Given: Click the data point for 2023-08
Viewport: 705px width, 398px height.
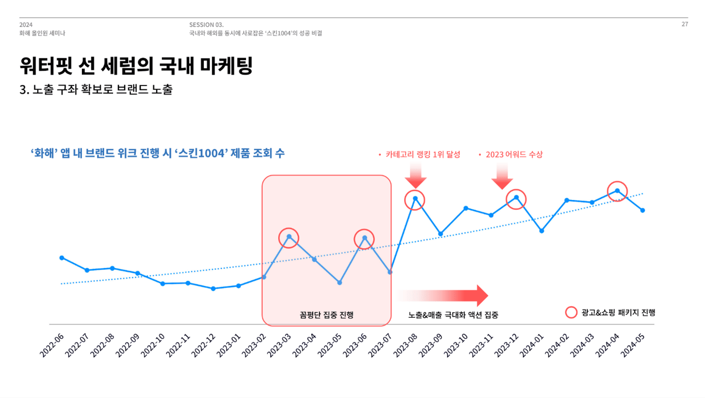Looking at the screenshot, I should (x=415, y=198).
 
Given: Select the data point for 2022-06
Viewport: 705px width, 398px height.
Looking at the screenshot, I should (x=62, y=258).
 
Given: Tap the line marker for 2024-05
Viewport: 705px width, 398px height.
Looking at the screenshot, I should (x=642, y=210).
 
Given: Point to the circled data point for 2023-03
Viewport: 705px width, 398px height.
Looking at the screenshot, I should (x=289, y=237).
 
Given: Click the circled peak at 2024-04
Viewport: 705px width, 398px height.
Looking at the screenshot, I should (x=617, y=190).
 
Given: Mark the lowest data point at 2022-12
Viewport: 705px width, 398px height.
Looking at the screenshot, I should (x=213, y=289).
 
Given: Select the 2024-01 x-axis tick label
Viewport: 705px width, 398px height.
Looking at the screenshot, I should (x=532, y=345).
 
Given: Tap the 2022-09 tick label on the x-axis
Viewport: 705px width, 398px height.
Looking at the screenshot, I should (x=128, y=345).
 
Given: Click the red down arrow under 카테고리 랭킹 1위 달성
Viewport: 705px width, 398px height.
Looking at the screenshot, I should (x=416, y=176).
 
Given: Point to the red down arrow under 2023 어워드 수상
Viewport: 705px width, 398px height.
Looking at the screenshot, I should (x=502, y=176).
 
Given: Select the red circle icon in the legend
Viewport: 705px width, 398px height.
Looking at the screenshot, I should (x=571, y=312).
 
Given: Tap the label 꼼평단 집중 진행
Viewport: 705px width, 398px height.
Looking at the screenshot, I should (x=326, y=315).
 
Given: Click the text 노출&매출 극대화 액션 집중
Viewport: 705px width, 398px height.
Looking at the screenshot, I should (x=453, y=315).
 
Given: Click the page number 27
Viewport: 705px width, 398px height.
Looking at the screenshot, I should (x=685, y=24).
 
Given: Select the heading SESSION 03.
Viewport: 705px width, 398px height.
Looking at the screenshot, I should (x=206, y=24).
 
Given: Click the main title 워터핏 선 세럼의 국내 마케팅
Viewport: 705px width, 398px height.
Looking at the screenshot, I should (x=136, y=66).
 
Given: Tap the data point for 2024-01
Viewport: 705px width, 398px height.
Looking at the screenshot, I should (x=542, y=231).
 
